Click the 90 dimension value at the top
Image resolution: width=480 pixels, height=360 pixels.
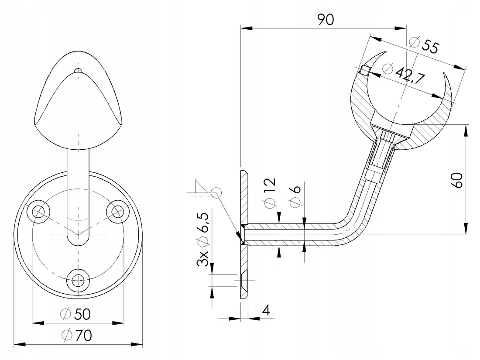(x=326, y=20)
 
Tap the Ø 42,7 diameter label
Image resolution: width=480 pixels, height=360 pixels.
(x=403, y=73)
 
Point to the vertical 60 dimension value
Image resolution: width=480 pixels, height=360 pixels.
(x=457, y=180)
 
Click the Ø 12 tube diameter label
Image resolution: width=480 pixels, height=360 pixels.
(x=270, y=193)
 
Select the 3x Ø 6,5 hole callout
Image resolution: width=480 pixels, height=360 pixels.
(x=202, y=240)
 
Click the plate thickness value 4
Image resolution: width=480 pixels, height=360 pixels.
(x=266, y=310)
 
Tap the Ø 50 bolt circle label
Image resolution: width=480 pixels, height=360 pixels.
(x=75, y=314)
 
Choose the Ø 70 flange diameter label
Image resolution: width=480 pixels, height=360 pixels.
(x=76, y=335)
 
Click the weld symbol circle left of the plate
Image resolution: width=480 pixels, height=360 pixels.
(x=216, y=192)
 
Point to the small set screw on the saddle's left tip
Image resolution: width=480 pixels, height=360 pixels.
(x=364, y=70)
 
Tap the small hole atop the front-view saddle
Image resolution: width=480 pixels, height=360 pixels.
(x=79, y=70)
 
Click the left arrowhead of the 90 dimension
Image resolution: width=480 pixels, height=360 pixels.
(x=247, y=28)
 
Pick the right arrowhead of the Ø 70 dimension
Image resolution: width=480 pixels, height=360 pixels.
(x=137, y=344)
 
